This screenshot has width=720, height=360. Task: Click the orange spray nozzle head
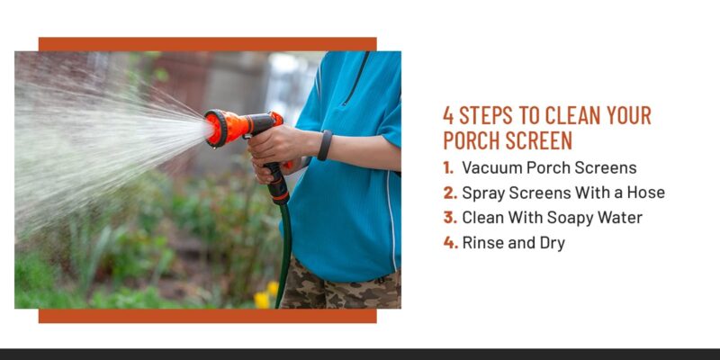coord(219,127)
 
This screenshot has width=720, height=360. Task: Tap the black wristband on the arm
coord(325,145)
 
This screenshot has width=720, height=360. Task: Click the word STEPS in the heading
coord(490,115)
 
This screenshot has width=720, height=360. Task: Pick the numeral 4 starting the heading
coord(448,115)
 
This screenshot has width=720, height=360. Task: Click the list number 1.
coord(448,167)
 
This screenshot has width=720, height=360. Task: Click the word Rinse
coord(483,243)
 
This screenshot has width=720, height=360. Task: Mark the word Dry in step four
coord(551,243)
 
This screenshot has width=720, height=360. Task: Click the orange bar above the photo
coord(207,44)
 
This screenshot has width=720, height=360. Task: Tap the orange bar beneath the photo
coord(207,316)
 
